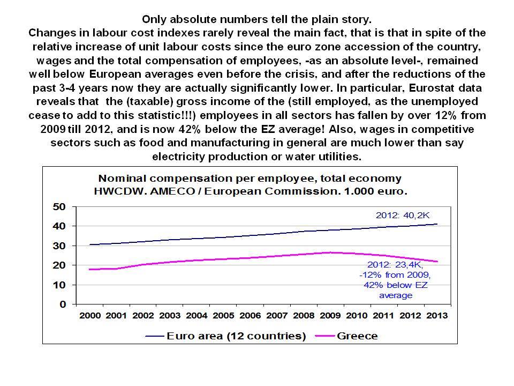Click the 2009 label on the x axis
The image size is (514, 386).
tap(330, 316)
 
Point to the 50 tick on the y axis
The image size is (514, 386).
tap(59, 207)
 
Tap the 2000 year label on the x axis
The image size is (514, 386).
tap(90, 316)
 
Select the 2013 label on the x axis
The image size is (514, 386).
tap(437, 316)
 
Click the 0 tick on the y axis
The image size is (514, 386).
tap(63, 305)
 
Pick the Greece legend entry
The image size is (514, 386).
tap(346, 336)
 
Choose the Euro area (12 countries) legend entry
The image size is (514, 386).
tap(225, 336)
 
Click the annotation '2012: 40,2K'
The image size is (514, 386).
tap(403, 216)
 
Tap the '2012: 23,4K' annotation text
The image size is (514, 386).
tap(395, 264)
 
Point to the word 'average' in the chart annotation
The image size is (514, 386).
tap(396, 295)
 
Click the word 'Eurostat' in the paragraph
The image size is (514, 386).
tap(432, 88)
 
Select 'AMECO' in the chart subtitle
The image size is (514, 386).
tap(172, 191)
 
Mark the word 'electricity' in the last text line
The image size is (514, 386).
tap(179, 157)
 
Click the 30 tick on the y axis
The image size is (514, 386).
tap(59, 246)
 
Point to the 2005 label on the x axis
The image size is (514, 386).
tap(223, 316)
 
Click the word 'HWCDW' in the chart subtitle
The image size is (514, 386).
tap(119, 191)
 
